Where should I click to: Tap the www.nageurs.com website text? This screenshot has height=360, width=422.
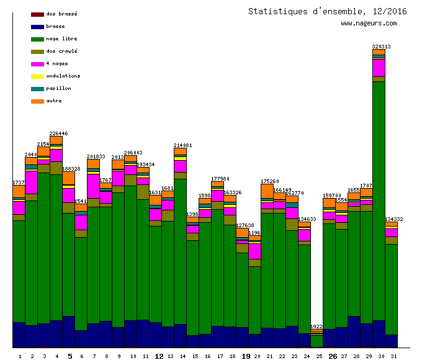369,24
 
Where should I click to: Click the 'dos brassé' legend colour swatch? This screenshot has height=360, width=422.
37,14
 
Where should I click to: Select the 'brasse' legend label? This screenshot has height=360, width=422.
55,27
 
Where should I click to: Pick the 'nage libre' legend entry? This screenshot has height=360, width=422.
61,39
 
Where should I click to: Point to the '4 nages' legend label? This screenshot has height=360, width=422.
57,64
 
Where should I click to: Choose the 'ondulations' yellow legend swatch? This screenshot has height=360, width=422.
37,76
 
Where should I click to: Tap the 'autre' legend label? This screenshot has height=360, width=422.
54,101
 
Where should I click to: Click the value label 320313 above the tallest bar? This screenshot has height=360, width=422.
381,47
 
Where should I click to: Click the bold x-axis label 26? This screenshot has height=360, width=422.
333,356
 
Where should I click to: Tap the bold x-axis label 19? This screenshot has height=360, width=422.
246,356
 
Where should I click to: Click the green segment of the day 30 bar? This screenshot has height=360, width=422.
379,199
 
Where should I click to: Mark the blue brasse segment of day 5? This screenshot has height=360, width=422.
68,331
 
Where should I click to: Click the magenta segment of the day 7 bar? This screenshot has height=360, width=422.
93,186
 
